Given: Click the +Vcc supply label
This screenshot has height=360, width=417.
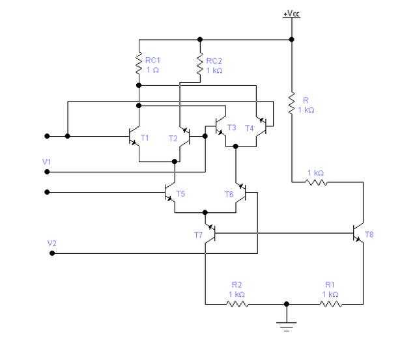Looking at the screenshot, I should (291, 14).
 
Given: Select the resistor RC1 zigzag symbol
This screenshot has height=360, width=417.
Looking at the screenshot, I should (138, 64).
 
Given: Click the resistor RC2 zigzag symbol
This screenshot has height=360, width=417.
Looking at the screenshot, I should (200, 64).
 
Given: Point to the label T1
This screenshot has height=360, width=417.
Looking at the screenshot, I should (145, 138).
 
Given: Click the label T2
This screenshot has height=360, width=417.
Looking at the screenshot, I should (173, 138).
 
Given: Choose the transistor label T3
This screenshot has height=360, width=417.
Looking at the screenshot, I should (231, 128).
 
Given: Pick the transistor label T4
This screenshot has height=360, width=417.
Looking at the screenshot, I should (249, 128).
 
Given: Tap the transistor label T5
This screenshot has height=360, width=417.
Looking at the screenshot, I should (180, 194).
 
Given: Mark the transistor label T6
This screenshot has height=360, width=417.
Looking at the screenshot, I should (229, 194).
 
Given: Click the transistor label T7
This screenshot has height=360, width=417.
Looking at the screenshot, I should (198, 234).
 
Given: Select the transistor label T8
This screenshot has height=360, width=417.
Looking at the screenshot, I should (369, 234).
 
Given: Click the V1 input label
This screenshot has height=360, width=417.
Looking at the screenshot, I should (47, 160).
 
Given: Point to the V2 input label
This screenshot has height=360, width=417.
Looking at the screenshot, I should (52, 243).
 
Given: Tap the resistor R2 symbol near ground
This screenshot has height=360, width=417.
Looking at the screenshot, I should (237, 304).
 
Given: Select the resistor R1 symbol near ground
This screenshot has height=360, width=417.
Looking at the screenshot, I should (330, 304).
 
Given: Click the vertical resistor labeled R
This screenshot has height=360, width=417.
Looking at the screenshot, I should (291, 102).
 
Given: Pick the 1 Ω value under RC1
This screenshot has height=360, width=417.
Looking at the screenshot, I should (152, 70).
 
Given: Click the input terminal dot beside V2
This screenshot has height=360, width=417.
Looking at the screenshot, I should (52, 253).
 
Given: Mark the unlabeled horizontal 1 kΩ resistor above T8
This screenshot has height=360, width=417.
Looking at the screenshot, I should (317, 184).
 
